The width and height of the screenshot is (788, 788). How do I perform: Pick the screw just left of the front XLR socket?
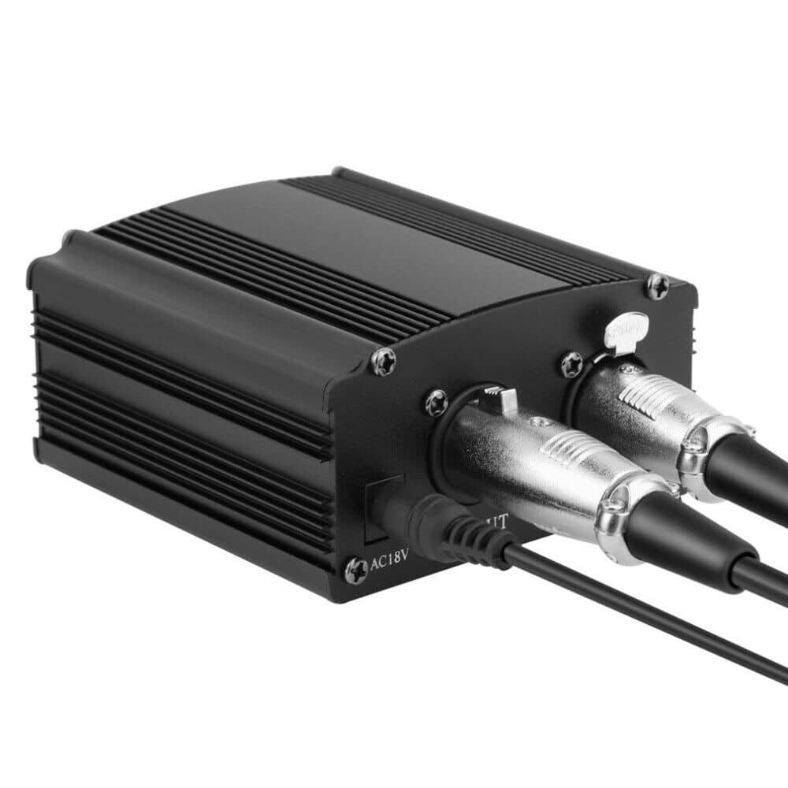(437, 404)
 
